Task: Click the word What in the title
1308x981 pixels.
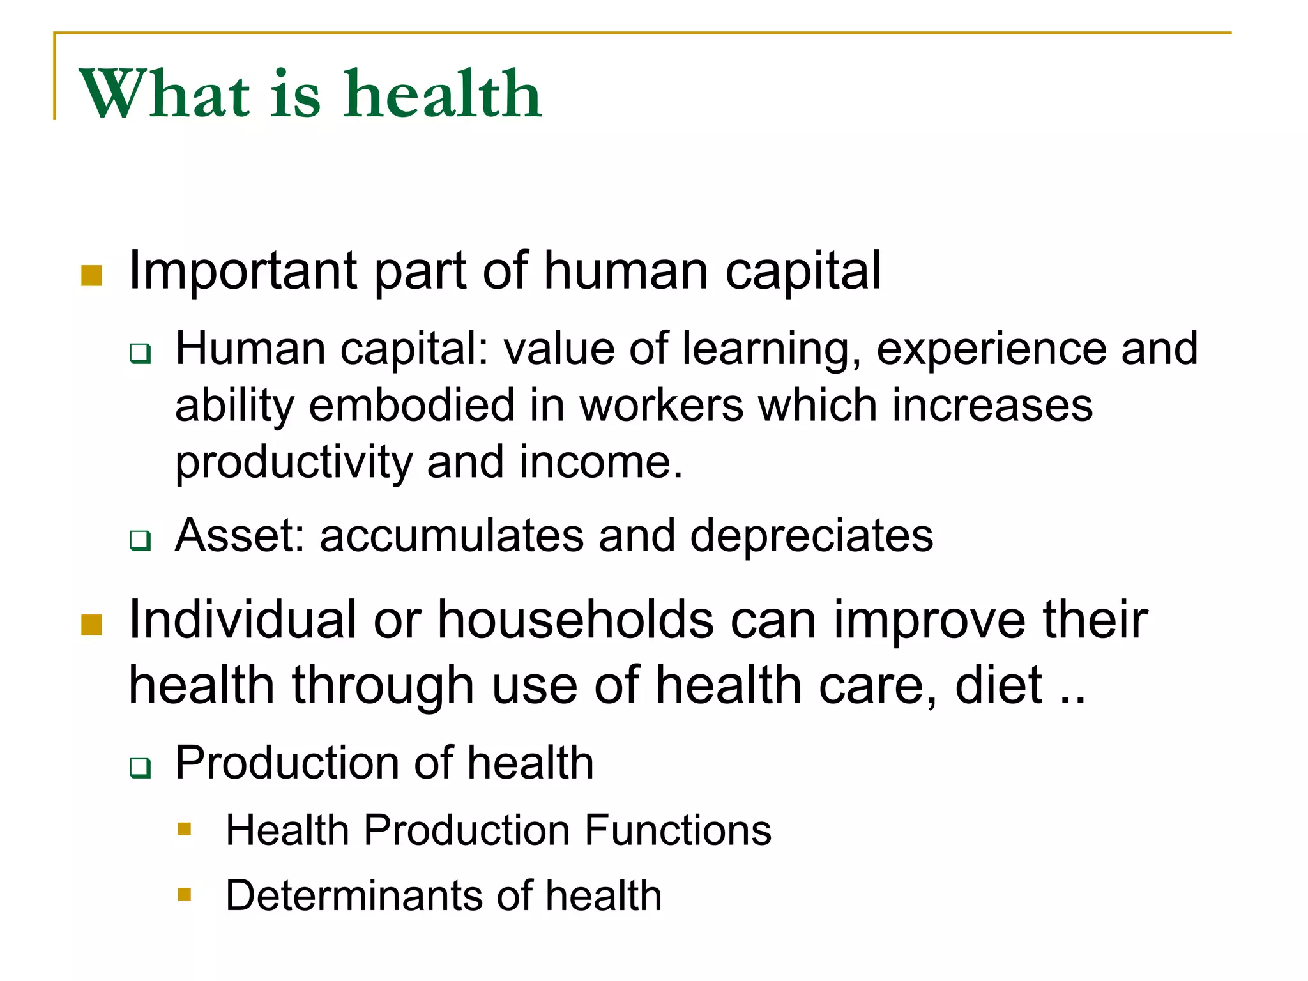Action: pyautogui.click(x=164, y=95)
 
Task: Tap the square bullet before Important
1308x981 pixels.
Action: pyautogui.click(x=92, y=276)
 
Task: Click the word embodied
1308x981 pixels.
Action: pyautogui.click(x=411, y=406)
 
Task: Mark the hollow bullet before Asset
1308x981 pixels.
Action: pyautogui.click(x=140, y=540)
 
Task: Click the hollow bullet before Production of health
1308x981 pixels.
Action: pyautogui.click(x=140, y=767)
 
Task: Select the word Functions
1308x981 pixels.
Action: pyautogui.click(x=678, y=830)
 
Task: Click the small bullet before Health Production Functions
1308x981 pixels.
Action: pyautogui.click(x=185, y=829)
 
